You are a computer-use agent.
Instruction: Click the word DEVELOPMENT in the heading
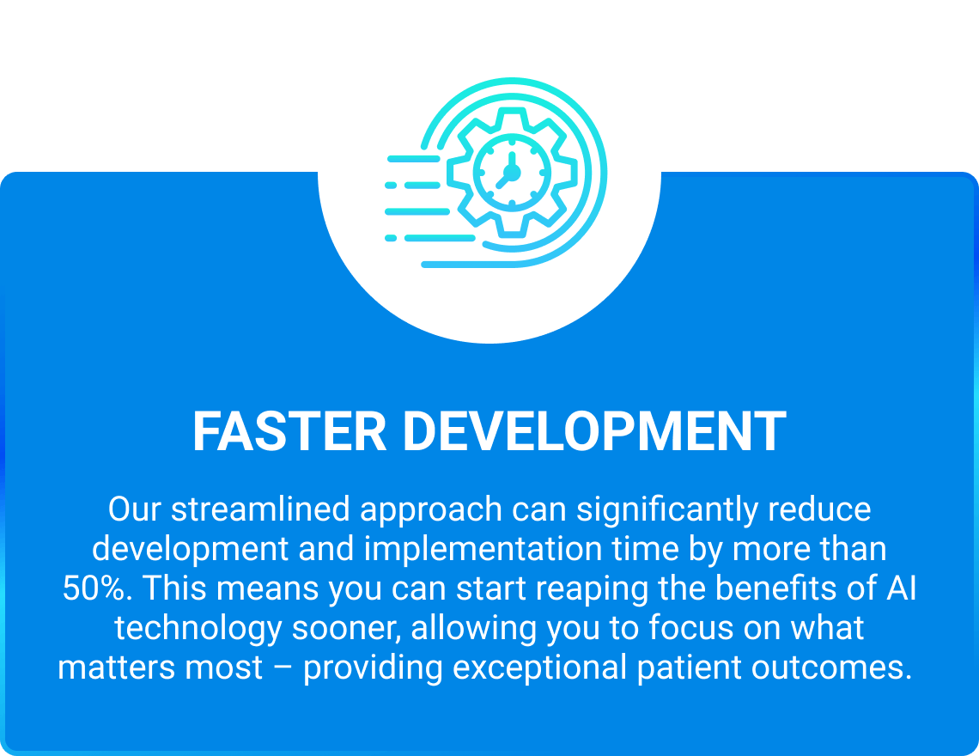[x=594, y=431]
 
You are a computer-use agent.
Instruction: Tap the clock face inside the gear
[x=512, y=173]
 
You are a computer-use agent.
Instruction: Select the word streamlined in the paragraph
[x=260, y=509]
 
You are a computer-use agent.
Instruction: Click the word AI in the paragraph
[x=901, y=588]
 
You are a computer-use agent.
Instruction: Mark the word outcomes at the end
[x=831, y=668]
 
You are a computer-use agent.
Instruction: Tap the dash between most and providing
[x=283, y=668]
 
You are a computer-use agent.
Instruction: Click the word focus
[x=691, y=627]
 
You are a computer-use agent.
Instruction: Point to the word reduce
[x=819, y=509]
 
